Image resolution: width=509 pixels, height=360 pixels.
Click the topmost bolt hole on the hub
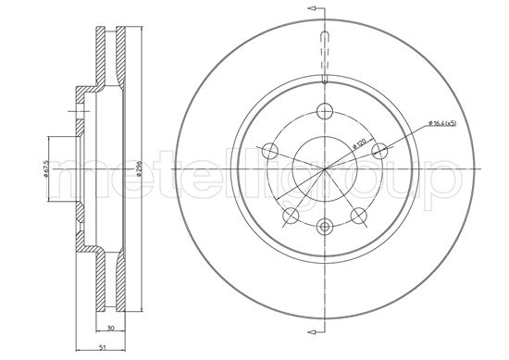(323, 112)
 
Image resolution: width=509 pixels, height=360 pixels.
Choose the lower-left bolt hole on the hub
(290, 216)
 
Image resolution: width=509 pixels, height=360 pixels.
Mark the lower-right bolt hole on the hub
(357, 216)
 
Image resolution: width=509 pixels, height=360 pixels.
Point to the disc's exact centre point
(323, 170)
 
